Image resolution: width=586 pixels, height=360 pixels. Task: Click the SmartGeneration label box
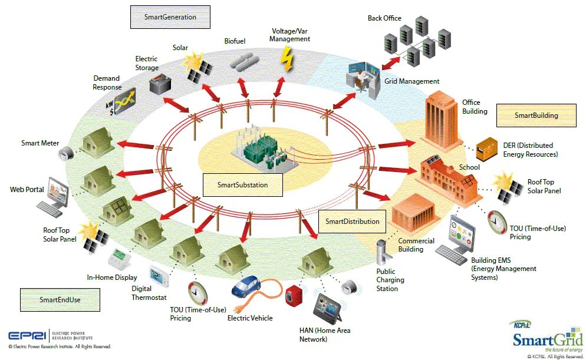[170, 17]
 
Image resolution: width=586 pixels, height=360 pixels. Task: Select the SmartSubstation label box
[242, 185]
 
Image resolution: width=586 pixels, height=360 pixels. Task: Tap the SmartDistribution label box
[352, 222]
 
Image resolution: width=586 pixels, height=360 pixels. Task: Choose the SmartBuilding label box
[536, 115]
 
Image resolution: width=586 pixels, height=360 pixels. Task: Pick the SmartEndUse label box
[60, 300]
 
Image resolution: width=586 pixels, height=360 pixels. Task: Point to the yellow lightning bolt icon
[287, 59]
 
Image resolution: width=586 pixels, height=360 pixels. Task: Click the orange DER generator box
[486, 147]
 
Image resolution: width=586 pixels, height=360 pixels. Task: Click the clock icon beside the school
[497, 222]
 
